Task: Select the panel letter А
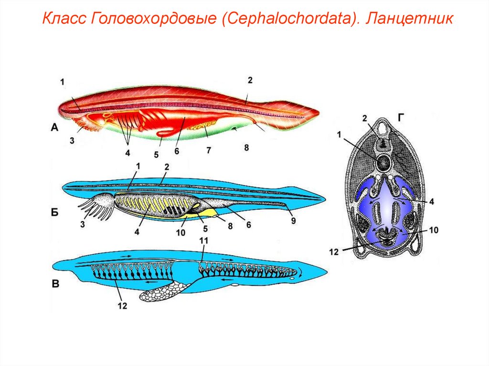click(x=54, y=127)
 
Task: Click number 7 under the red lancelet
click(x=209, y=150)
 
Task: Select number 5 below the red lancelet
click(x=156, y=154)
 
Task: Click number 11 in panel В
click(x=204, y=241)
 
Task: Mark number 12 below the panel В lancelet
click(x=123, y=306)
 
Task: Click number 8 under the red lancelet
click(x=246, y=148)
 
